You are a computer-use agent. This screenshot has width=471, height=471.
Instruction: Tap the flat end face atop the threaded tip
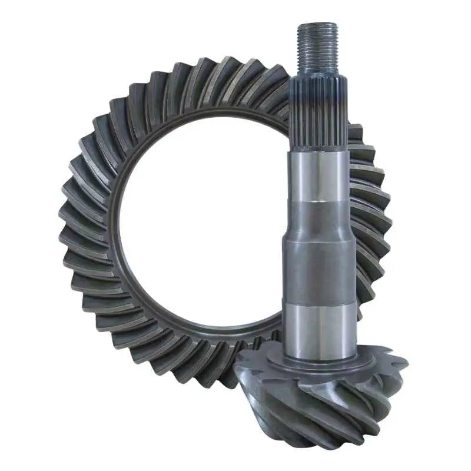click(317, 25)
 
